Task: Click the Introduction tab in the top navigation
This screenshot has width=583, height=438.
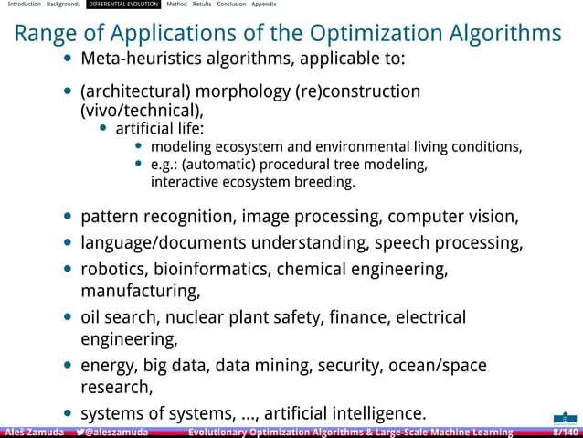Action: point(23,5)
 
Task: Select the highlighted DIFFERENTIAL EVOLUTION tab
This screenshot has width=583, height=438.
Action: point(123,5)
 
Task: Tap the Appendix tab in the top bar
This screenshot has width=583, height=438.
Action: point(264,5)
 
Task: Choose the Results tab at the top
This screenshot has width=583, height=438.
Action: point(202,5)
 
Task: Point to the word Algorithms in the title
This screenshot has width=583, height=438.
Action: point(507,35)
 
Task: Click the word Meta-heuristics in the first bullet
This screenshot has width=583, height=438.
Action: point(137,60)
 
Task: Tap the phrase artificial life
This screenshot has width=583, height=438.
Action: point(160,128)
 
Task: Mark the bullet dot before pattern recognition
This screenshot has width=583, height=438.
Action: point(69,218)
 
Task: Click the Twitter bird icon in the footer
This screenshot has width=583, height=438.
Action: point(81,432)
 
